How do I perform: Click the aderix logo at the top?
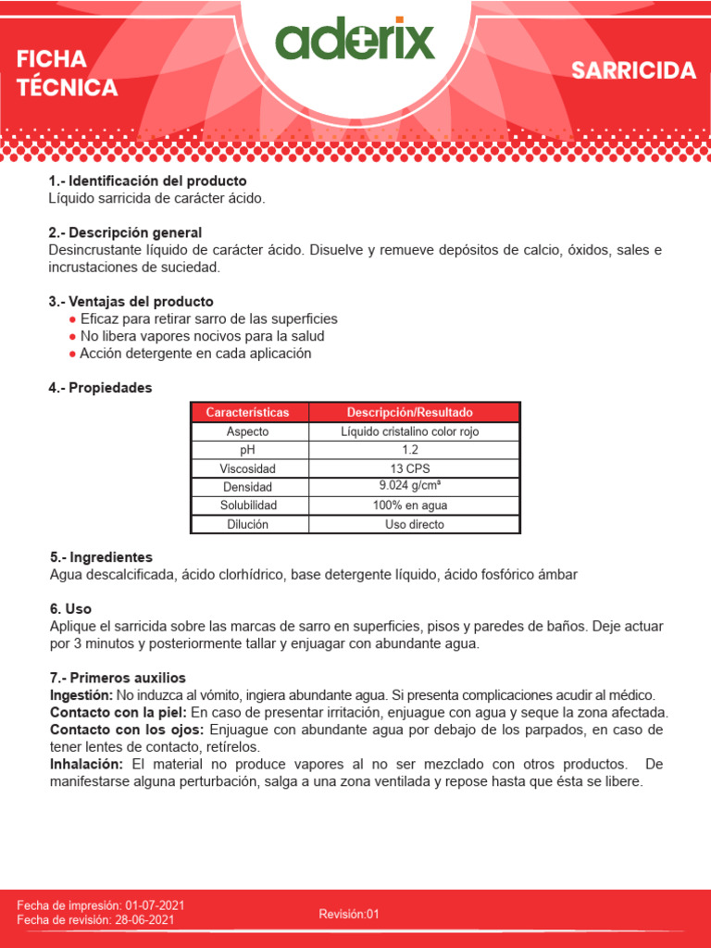355,42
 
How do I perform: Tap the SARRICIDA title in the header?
633,71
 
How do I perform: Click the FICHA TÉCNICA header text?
67,74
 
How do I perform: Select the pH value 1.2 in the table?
410,450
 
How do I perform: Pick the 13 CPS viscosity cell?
410,468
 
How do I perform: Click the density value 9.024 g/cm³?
410,486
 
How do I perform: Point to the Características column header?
247,412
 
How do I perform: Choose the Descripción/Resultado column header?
410,412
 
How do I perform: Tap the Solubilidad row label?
248,505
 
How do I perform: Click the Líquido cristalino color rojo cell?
410,431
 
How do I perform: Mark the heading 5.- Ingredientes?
101,557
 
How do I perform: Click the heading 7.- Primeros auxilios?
117,678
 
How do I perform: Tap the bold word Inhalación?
85,764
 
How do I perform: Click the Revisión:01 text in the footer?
349,914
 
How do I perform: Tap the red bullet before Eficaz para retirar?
72,319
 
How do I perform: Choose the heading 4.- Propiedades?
100,388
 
